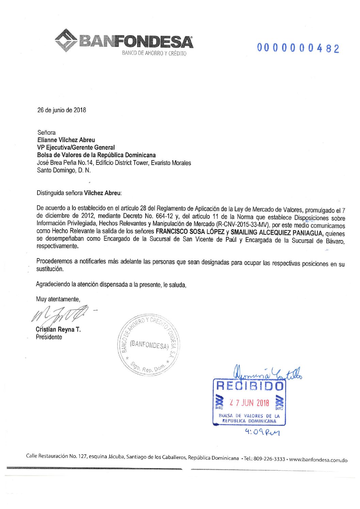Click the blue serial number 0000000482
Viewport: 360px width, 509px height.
click(x=298, y=48)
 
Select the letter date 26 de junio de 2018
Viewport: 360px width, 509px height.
click(x=62, y=110)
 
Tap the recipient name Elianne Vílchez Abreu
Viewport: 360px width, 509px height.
click(x=66, y=140)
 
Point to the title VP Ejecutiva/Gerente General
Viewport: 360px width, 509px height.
click(x=76, y=148)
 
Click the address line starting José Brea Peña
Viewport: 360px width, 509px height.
click(x=114, y=163)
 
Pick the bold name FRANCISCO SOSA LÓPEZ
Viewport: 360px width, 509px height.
click(x=190, y=232)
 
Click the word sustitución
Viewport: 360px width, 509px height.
click(x=50, y=269)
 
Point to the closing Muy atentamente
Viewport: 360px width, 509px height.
click(x=58, y=299)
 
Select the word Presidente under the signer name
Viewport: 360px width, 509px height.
click(x=49, y=337)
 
